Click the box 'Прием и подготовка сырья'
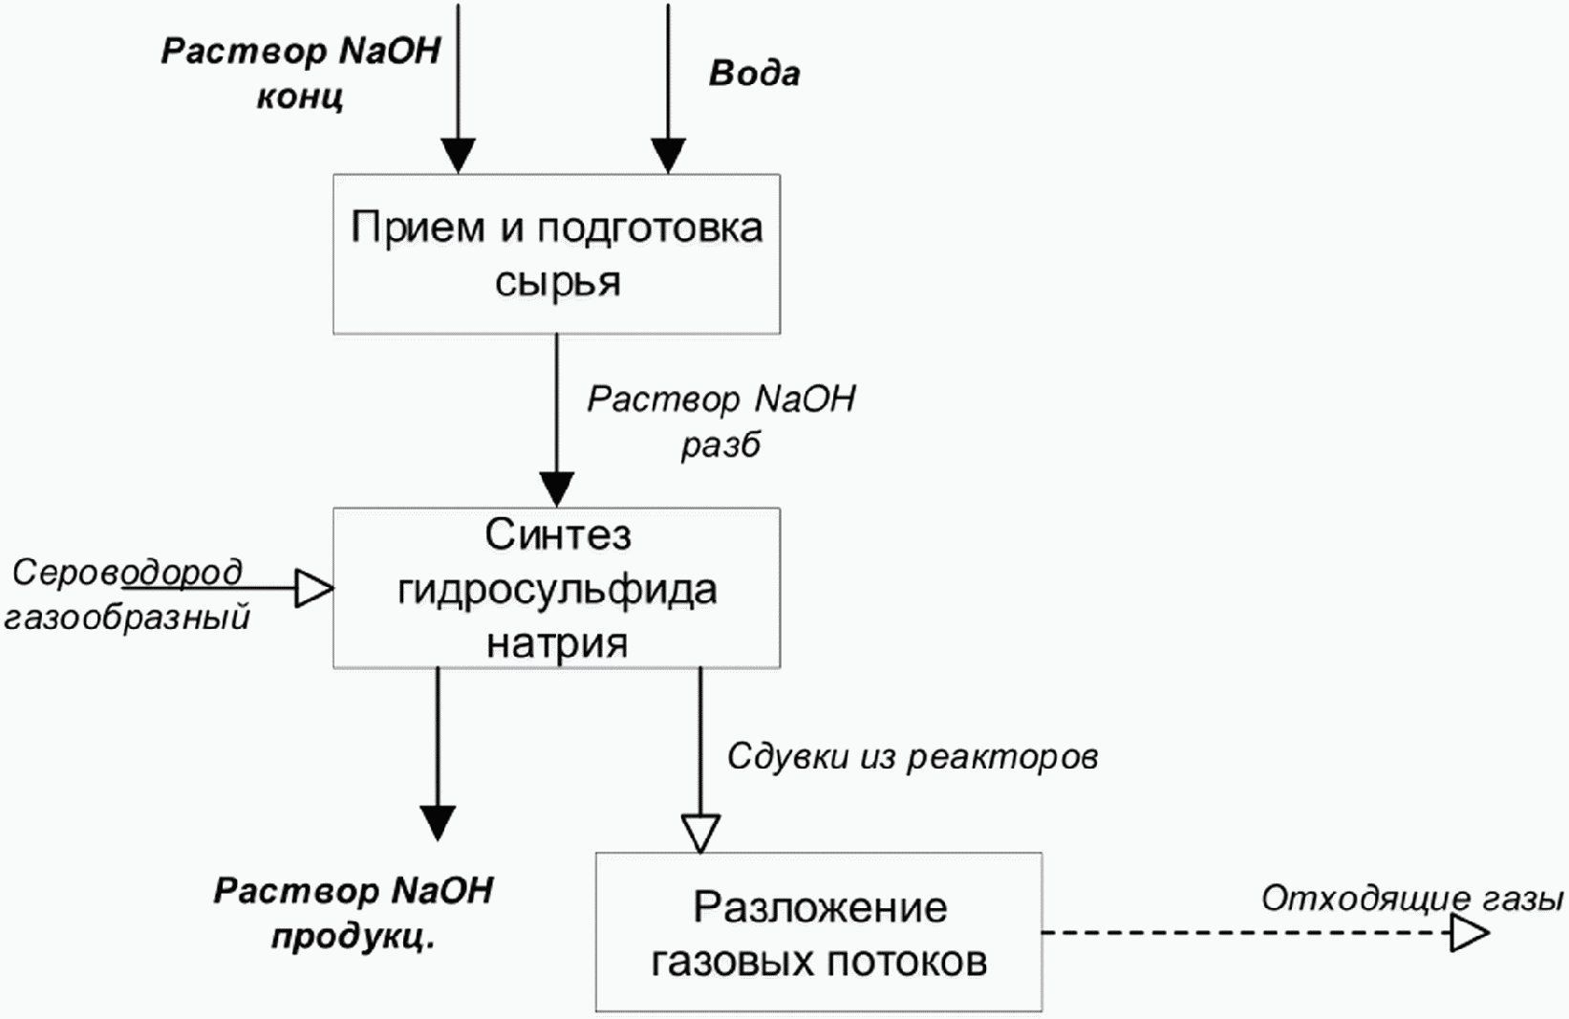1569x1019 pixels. point(557,253)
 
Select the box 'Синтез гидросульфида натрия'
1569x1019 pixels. point(557,587)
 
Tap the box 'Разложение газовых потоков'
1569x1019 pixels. point(819,931)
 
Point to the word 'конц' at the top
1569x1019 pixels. point(300,97)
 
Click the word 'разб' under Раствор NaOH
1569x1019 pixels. point(721,445)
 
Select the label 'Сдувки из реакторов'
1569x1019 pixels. point(913,757)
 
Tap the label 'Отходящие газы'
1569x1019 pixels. point(1412,900)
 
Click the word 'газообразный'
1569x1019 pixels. point(127,618)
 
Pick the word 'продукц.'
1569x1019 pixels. point(354,938)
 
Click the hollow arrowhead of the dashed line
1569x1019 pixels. point(1469,933)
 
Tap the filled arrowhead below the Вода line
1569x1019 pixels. point(668,156)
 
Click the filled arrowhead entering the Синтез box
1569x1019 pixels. point(557,489)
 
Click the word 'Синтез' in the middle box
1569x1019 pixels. point(558,535)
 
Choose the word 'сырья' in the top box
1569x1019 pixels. point(557,283)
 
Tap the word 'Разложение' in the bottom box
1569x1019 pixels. point(820,908)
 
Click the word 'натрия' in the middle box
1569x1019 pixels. point(557,643)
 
